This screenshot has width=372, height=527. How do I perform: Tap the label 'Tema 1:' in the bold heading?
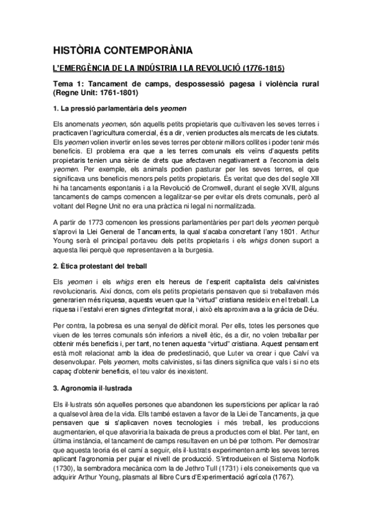(68, 83)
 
